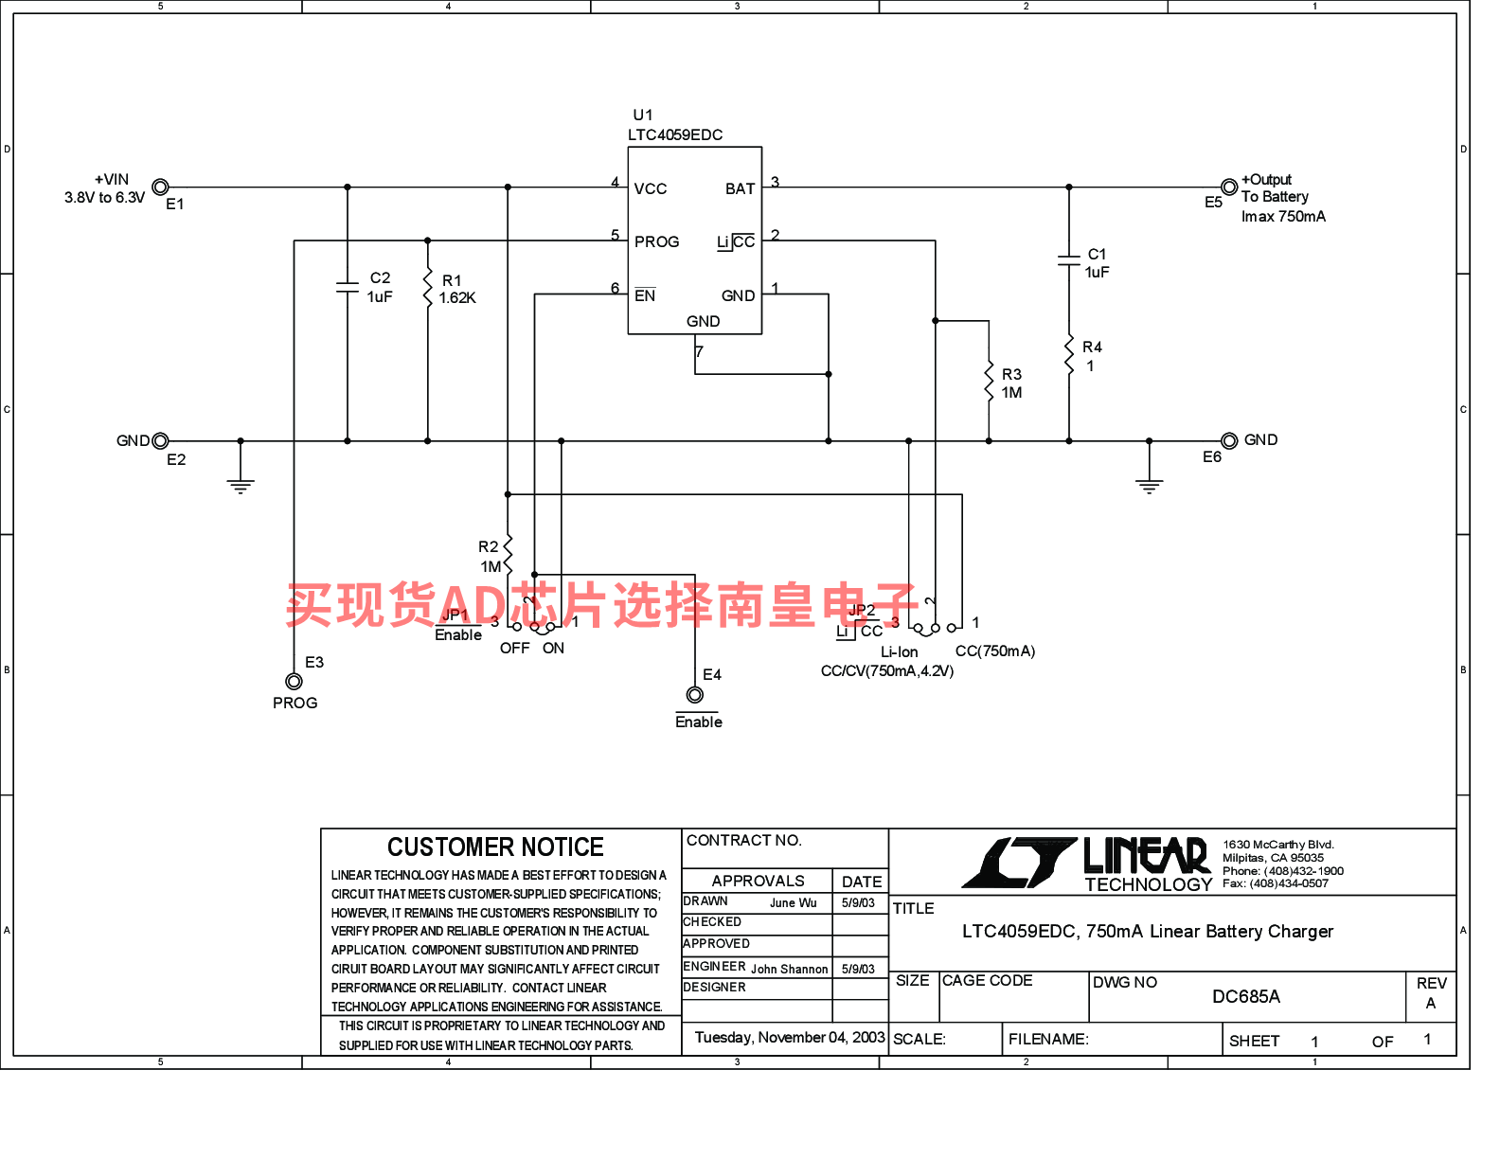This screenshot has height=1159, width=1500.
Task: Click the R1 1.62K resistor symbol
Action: tap(428, 288)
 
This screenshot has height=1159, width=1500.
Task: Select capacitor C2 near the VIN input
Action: tap(348, 287)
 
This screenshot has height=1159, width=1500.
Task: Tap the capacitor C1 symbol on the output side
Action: tap(1068, 260)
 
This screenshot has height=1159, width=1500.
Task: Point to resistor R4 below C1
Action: tap(1068, 355)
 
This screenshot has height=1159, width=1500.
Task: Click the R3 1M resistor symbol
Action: tap(989, 381)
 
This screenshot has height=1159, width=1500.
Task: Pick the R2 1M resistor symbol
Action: tap(509, 554)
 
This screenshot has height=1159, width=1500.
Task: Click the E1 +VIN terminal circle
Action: tap(160, 187)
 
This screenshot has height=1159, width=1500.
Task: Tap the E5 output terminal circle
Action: tap(1229, 187)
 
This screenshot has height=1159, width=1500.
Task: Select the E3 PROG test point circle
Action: tap(295, 682)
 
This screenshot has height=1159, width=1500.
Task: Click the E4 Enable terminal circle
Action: tap(695, 694)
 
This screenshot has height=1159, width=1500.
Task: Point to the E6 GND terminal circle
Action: tap(1229, 440)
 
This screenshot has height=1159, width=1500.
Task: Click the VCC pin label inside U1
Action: tap(651, 189)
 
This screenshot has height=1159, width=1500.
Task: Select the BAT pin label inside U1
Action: tap(740, 189)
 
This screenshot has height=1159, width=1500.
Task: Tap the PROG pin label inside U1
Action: tap(656, 242)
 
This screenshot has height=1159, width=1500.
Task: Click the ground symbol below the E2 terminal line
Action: tap(241, 486)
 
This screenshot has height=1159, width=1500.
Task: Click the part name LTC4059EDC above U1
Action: tap(675, 134)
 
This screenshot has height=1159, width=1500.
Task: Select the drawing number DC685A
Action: tap(1246, 996)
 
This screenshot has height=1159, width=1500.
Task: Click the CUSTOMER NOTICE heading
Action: tap(495, 847)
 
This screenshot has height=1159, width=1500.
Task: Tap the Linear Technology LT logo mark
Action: tap(1020, 863)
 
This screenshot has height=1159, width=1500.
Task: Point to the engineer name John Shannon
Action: tap(789, 970)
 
